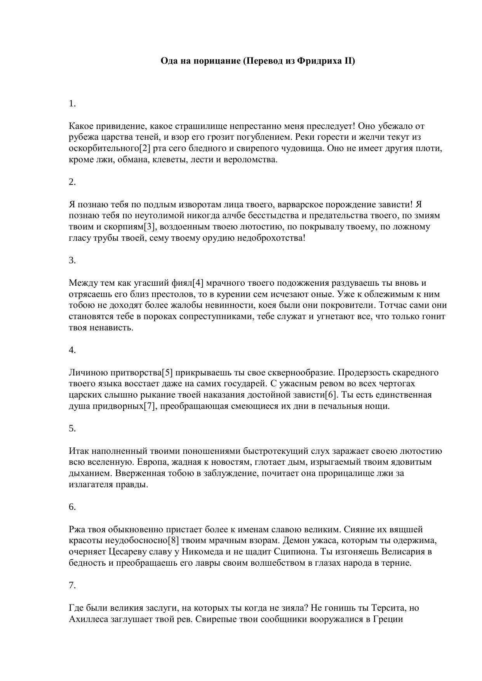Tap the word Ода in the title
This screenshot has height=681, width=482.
[x=169, y=61]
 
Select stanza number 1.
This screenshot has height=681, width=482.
[x=72, y=103]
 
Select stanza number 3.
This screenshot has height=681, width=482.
[x=72, y=260]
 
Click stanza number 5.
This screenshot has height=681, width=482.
[x=72, y=428]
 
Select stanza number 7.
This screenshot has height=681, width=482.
[x=72, y=585]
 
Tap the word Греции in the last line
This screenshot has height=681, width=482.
[x=387, y=619]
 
